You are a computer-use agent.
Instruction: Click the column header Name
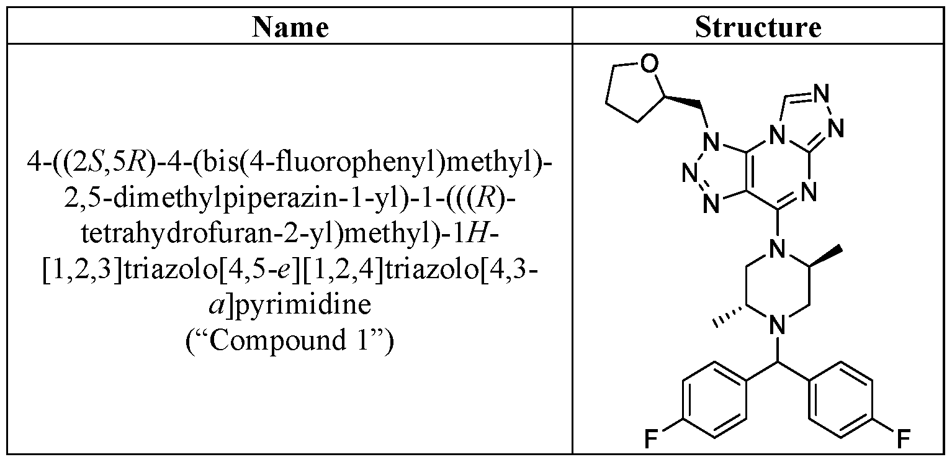[290, 27]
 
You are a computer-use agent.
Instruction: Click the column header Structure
[758, 27]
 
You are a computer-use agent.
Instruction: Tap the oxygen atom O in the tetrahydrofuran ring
[648, 65]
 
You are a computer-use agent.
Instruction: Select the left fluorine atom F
[649, 440]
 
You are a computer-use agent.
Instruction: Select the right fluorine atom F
[904, 440]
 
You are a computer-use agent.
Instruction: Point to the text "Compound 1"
[290, 341]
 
